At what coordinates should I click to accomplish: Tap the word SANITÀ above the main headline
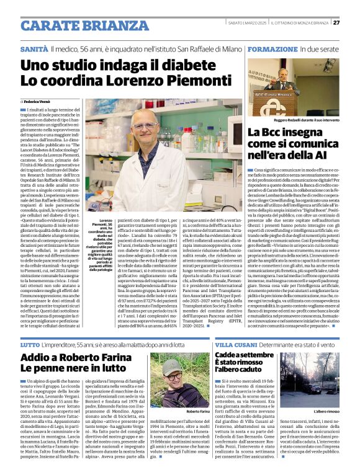point(34,48)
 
